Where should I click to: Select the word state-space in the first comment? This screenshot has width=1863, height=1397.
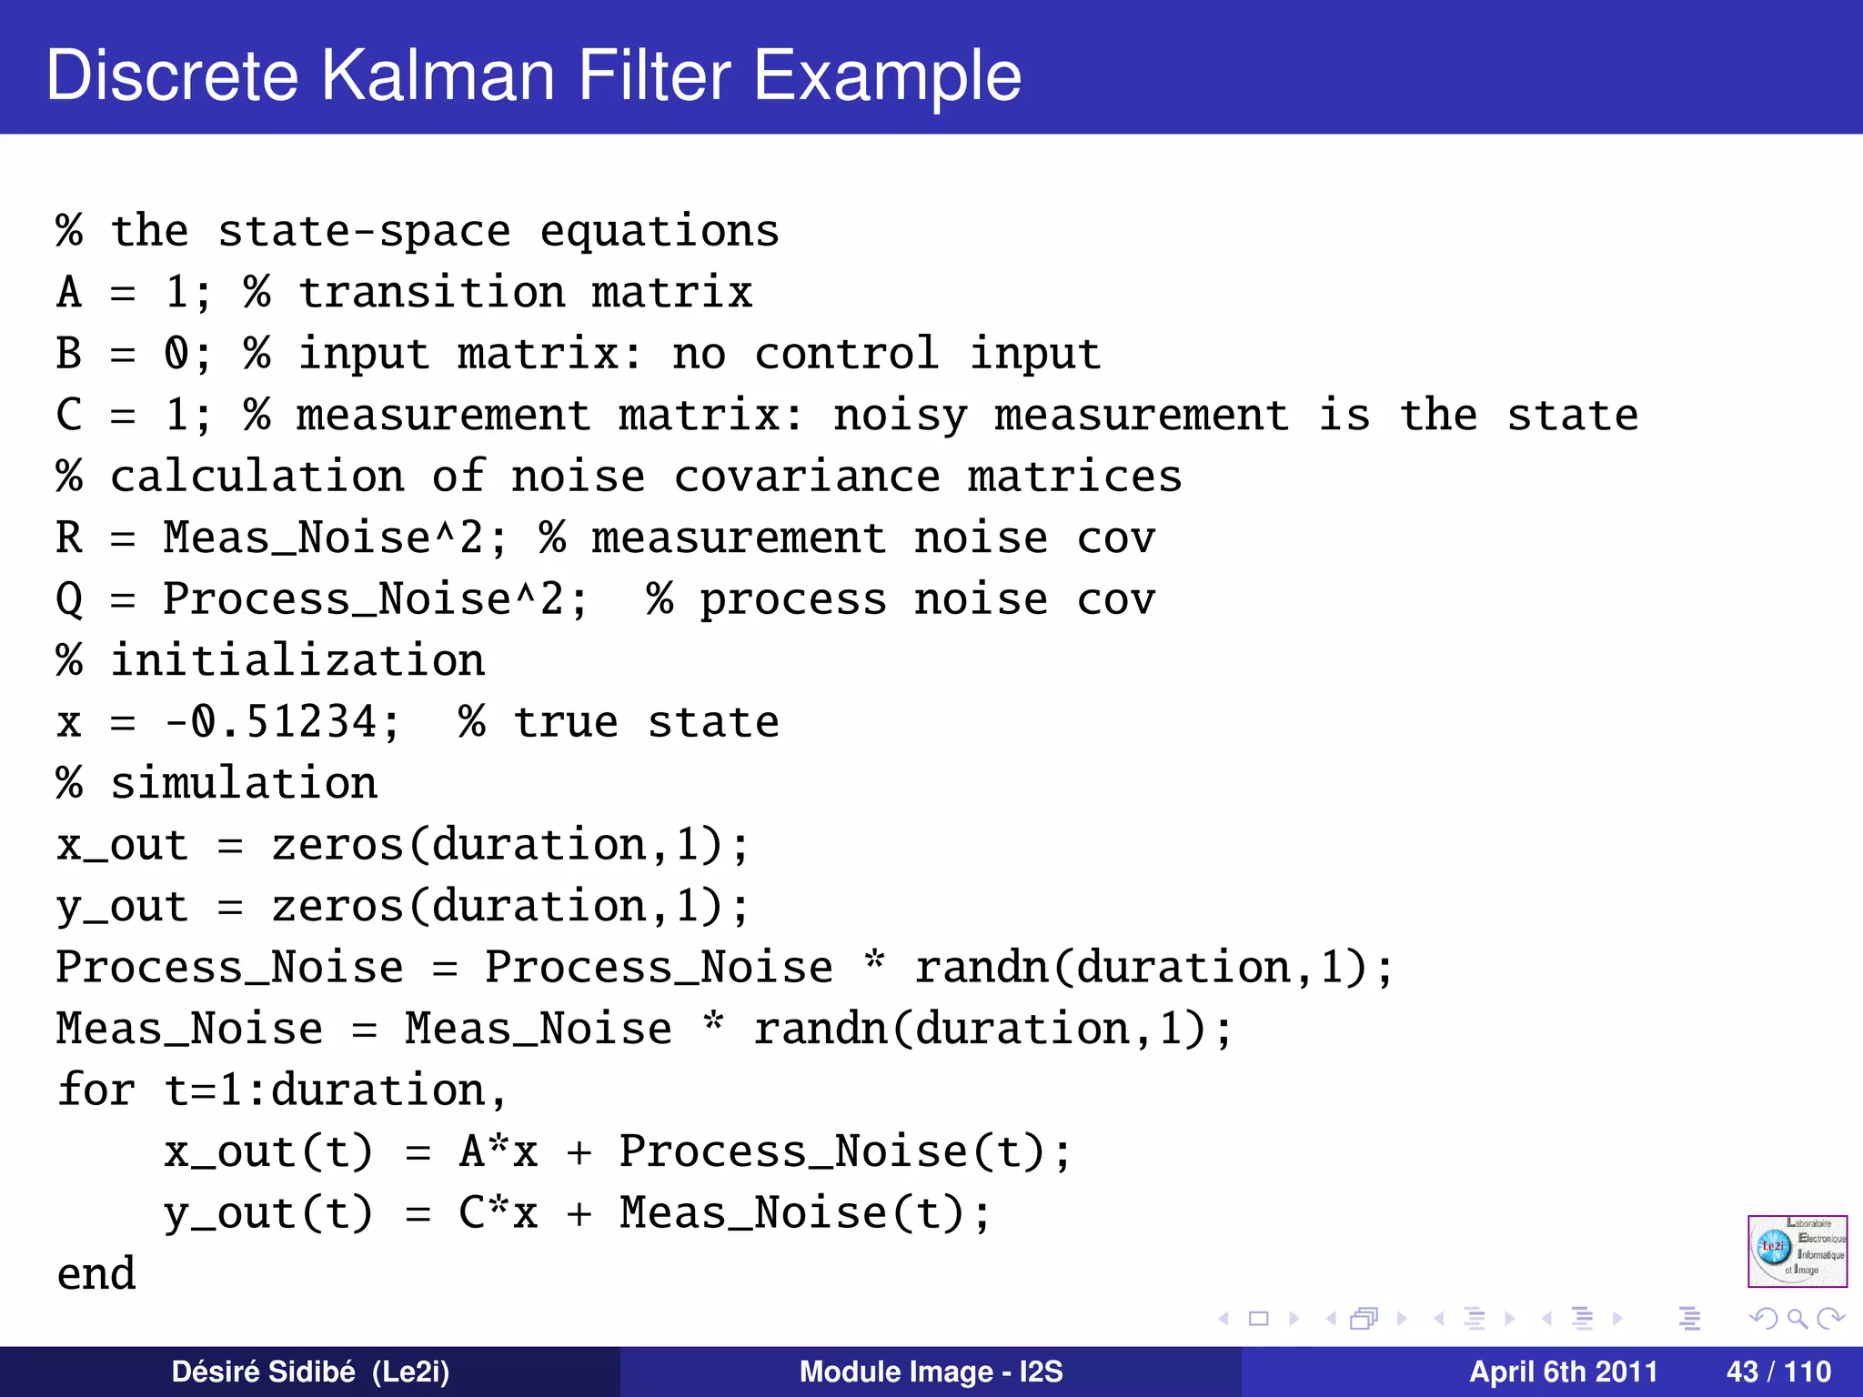point(364,231)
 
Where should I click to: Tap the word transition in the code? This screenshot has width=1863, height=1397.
point(432,293)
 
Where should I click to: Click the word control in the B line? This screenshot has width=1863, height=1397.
point(846,354)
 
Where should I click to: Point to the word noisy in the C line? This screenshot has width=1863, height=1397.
point(900,416)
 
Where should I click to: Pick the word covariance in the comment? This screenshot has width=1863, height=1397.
point(807,477)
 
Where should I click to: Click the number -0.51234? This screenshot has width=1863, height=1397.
point(282,722)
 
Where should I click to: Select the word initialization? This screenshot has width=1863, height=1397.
point(297,661)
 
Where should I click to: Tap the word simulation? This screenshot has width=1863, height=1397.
point(244,784)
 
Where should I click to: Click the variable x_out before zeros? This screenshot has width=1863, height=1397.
point(122,846)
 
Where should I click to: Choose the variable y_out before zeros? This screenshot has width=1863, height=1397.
point(122,907)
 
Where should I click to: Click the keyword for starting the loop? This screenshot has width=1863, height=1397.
point(96,1090)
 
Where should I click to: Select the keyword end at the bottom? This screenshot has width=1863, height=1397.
point(96,1274)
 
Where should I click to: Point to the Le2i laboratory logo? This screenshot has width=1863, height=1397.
point(1797,1251)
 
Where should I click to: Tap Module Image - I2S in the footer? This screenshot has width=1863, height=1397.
point(931,1372)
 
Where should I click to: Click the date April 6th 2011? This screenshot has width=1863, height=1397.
point(1563,1372)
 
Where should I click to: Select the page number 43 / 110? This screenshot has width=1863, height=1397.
point(1778,1372)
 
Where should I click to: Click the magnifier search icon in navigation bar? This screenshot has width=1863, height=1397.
point(1797,1318)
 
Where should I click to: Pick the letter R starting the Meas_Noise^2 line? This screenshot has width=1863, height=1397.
point(69,538)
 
